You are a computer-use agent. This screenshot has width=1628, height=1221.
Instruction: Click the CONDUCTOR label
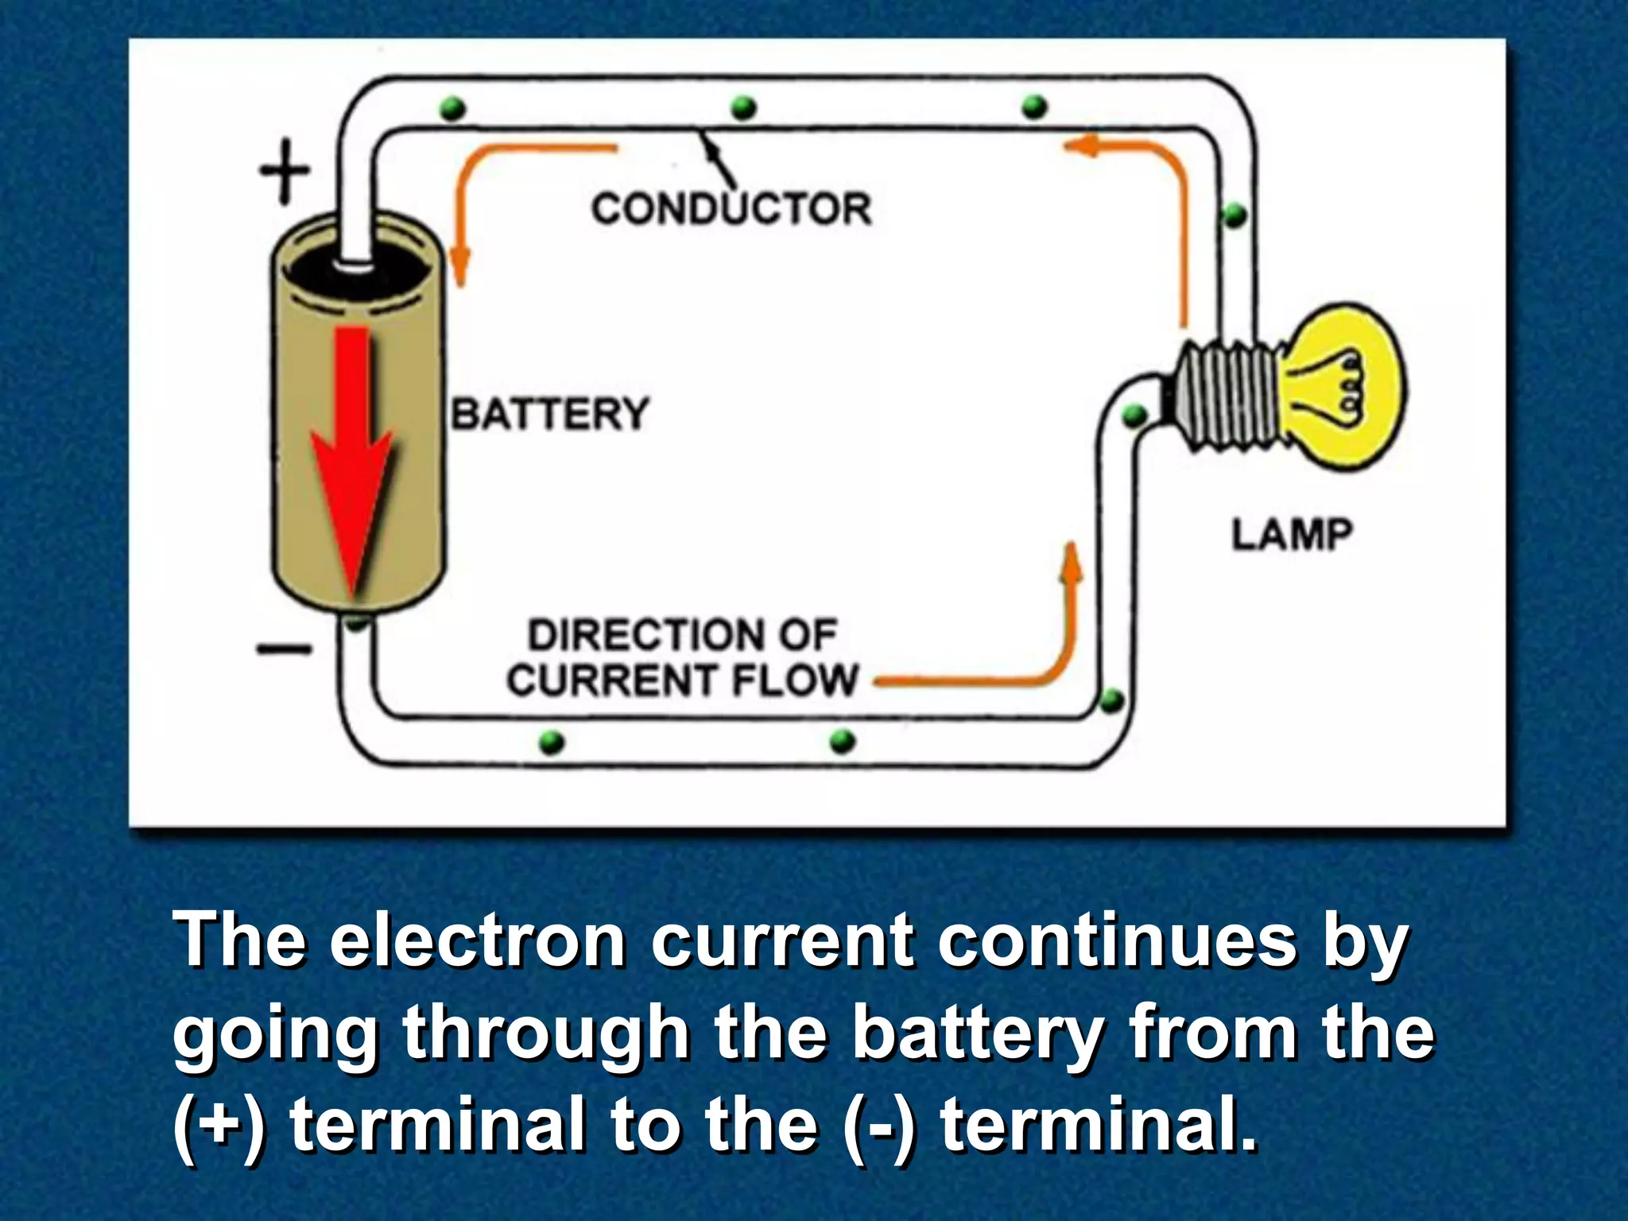731,209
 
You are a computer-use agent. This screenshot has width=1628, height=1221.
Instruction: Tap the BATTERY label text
551,414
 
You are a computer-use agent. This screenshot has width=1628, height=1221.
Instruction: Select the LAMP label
1292,534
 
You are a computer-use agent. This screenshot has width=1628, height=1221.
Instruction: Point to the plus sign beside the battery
285,170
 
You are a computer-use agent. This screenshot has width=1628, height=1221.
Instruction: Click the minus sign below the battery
284,649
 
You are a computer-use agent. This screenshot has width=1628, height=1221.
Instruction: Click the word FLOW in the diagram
795,680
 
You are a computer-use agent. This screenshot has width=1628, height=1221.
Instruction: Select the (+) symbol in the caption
217,1124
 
